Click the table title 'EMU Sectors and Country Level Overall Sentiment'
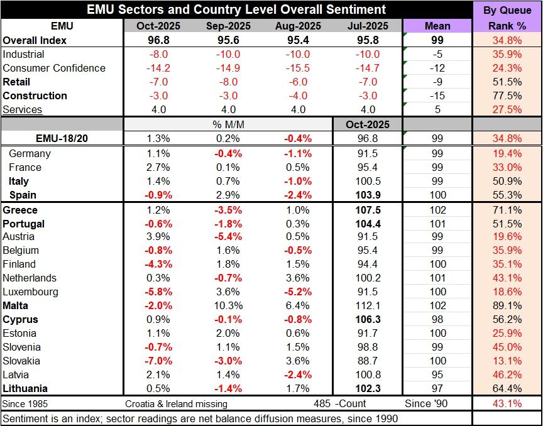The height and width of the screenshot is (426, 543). pos(237,9)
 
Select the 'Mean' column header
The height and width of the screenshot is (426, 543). pos(437,26)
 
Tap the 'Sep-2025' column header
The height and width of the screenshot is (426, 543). pos(228,26)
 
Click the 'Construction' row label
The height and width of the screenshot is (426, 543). pos(35,96)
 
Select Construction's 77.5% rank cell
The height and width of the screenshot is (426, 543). pos(507,96)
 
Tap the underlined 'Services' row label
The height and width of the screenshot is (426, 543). pos(23,109)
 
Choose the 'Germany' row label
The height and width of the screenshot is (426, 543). pos(30,153)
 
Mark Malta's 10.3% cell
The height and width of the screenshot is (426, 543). pos(228,305)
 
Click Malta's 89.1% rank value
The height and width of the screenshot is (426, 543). pos(507,305)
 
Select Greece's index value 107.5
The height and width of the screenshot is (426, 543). pos(366,210)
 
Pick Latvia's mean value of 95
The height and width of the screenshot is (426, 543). pos(437,374)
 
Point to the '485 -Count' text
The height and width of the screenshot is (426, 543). pos(340,403)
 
